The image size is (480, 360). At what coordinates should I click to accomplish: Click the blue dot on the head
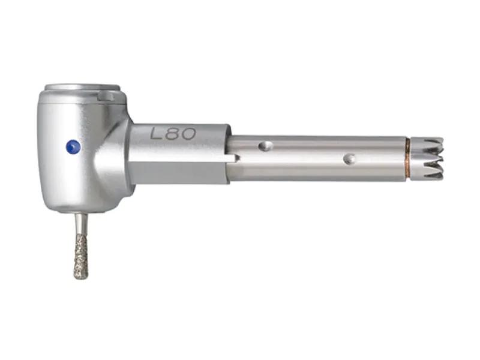point(73,146)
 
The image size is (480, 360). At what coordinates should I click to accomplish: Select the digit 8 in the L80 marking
point(173,134)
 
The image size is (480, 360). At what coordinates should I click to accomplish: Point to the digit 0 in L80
point(188,134)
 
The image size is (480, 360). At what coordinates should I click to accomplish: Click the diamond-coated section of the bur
point(81,257)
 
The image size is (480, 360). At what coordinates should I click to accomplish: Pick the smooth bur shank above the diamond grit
point(80,224)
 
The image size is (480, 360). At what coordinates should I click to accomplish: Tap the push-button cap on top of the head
point(82,88)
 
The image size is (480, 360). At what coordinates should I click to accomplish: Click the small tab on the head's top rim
point(106,97)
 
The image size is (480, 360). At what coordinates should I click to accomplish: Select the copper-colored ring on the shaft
point(408,158)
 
